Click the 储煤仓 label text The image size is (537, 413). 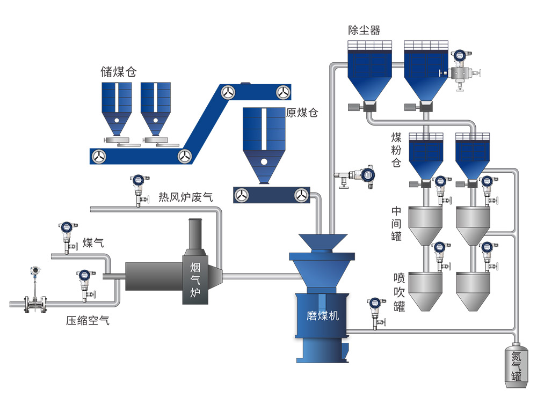tap(118, 72)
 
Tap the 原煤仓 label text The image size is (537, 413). tap(302, 113)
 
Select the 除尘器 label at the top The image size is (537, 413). tap(364, 29)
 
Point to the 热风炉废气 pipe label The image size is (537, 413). tap(185, 197)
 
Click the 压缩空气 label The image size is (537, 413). tap(88, 321)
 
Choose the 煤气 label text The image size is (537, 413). tap(93, 243)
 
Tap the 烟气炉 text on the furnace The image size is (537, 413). tap(195, 278)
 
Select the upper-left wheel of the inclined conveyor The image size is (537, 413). tap(228, 92)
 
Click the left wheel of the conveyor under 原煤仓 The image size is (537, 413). tap(242, 195)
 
